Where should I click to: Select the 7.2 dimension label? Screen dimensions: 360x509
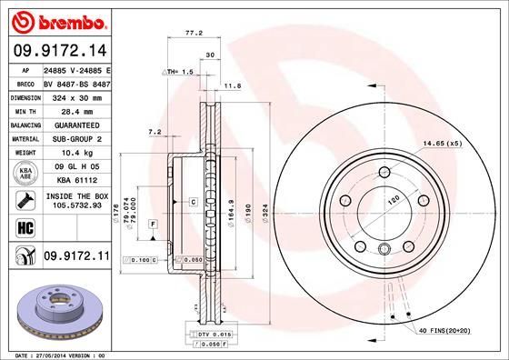pos(154,132)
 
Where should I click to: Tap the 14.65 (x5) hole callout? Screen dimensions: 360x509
pos(443,144)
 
